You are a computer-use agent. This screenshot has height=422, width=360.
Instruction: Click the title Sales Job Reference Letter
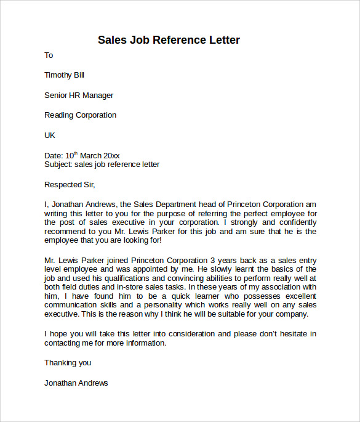169,40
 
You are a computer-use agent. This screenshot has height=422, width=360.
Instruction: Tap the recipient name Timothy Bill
64,75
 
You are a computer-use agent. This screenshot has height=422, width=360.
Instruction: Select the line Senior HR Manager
79,95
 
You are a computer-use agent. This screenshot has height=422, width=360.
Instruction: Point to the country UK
50,135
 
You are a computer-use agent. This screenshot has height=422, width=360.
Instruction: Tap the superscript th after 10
76,153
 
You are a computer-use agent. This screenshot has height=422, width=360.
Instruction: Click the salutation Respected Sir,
70,184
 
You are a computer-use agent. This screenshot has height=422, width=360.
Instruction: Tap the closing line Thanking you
68,363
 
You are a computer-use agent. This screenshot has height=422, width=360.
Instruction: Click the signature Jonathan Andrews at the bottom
76,383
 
